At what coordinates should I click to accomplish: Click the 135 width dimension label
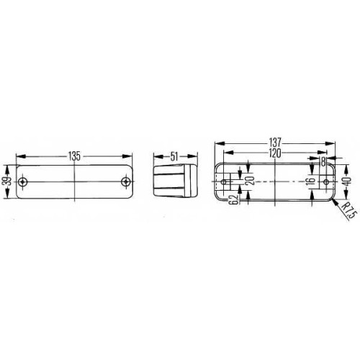74,156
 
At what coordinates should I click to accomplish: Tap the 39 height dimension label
9,181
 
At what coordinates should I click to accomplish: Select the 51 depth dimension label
174,156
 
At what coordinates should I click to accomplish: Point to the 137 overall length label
274,143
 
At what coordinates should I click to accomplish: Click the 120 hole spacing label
274,153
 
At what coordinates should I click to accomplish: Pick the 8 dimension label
323,162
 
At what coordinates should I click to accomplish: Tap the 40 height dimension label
348,181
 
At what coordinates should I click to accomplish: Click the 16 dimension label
311,181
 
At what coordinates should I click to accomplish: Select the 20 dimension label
250,181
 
